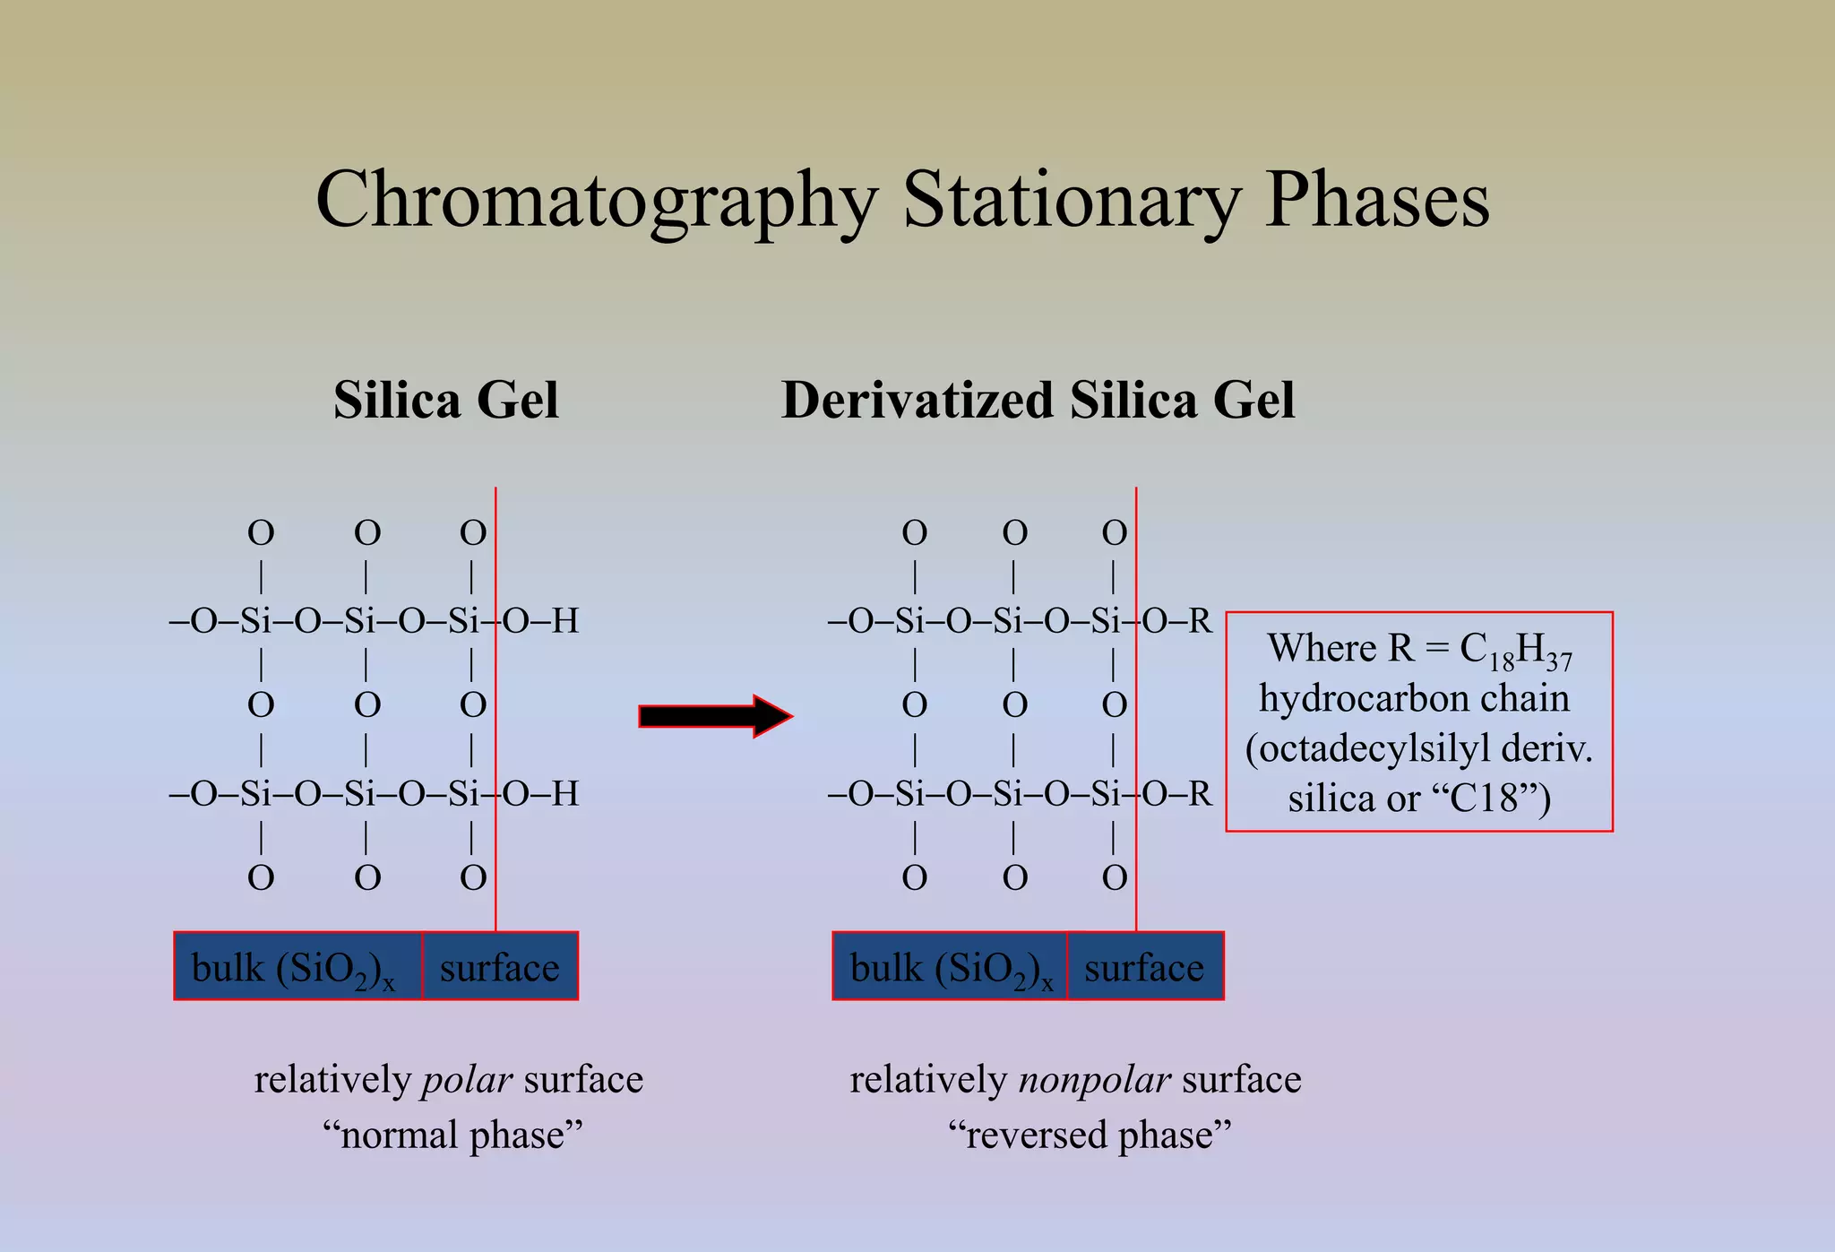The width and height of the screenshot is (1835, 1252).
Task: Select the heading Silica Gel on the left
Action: (445, 400)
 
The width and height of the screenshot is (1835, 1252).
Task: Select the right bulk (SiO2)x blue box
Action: (950, 967)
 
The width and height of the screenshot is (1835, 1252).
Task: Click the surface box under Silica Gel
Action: (499, 967)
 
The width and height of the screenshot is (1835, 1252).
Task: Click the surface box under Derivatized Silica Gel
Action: (1144, 967)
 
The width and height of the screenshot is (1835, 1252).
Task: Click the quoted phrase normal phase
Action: (452, 1135)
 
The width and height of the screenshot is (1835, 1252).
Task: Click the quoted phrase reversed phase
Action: (1090, 1135)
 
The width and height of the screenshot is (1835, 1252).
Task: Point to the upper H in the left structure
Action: (565, 620)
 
